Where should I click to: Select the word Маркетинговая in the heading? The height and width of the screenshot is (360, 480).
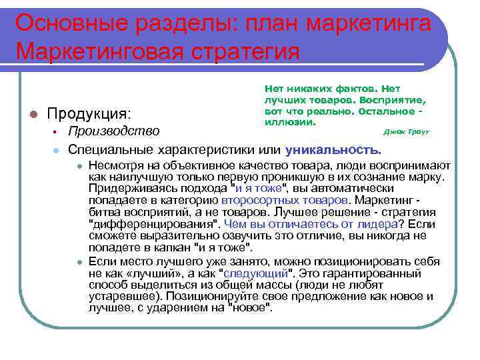click(99, 51)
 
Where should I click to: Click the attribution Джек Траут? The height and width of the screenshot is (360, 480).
click(407, 131)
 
